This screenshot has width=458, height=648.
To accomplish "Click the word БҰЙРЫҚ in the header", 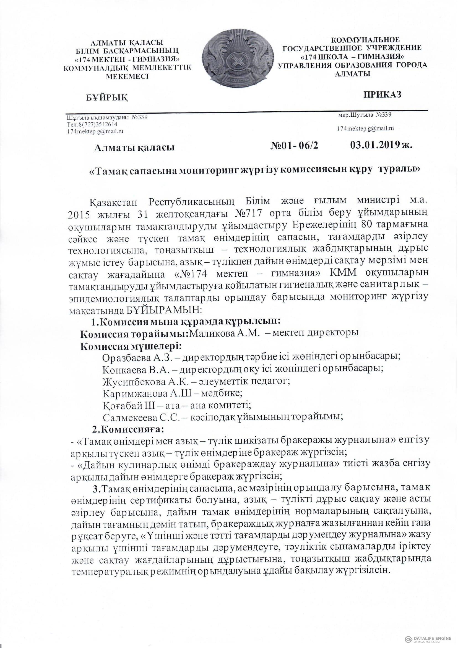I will [x=106, y=98].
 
